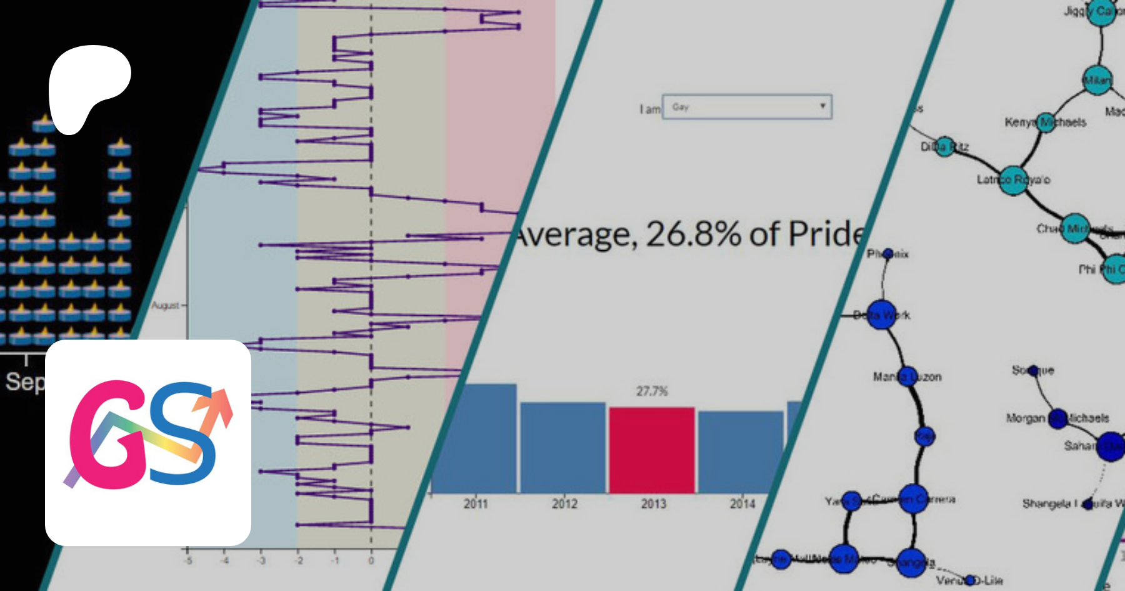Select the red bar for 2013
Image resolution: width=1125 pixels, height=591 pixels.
coord(652,450)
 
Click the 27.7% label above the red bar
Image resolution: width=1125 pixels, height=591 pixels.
coord(652,391)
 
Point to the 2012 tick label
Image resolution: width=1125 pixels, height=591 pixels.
coord(564,504)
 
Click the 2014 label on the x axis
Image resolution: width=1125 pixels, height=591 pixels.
coord(742,504)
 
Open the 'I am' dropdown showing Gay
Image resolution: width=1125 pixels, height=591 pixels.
coord(747,107)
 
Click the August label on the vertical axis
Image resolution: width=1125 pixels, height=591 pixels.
coord(166,305)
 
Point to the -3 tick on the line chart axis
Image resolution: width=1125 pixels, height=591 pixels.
coord(261,561)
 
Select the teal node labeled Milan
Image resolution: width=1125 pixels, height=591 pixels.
coord(1097,80)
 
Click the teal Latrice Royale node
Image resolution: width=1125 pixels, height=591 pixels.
coord(1012,180)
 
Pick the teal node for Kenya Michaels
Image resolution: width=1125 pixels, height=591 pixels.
coord(1046,123)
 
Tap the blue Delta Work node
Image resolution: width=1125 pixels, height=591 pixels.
coord(882,315)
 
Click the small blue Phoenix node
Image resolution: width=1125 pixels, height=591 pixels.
coord(889,253)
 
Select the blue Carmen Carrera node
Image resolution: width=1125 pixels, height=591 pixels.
coord(913,499)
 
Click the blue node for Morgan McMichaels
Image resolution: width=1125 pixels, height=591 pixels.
coord(1057,418)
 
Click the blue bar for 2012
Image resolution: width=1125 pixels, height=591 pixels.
coord(562,447)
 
